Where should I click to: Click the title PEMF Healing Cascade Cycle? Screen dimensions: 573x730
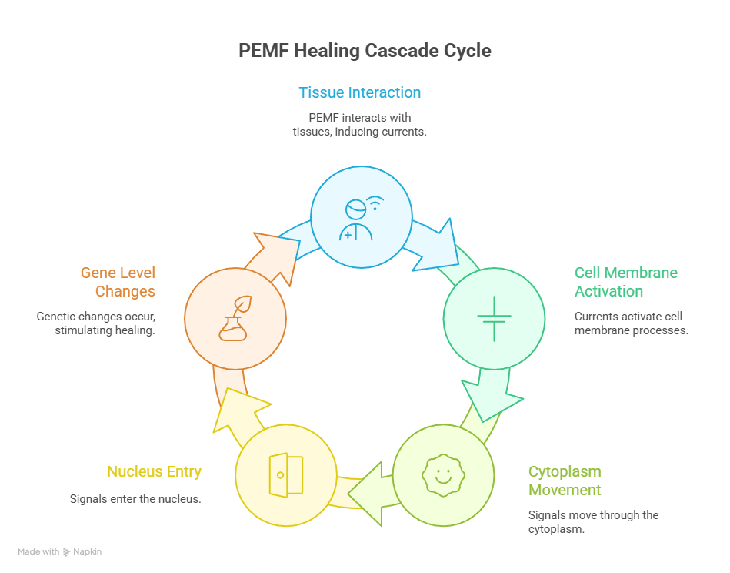(x=365, y=51)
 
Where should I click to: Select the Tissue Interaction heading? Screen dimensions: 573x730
(x=359, y=93)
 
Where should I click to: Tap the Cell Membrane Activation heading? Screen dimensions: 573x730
(x=626, y=282)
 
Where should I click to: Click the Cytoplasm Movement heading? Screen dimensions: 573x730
(x=565, y=481)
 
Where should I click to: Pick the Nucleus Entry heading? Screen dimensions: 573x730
(x=154, y=471)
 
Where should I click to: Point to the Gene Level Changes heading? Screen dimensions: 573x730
(x=118, y=282)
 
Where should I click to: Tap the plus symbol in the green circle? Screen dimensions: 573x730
(x=493, y=317)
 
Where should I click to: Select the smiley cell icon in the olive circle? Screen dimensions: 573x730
(x=442, y=473)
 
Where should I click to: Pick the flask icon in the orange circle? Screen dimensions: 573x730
(x=235, y=317)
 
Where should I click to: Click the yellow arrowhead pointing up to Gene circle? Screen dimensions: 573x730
(x=240, y=408)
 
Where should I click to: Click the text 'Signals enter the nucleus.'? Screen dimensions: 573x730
(x=135, y=499)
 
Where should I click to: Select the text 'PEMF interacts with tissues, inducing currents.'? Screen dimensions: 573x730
(x=359, y=125)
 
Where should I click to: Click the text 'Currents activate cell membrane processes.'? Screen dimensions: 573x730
(x=631, y=323)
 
